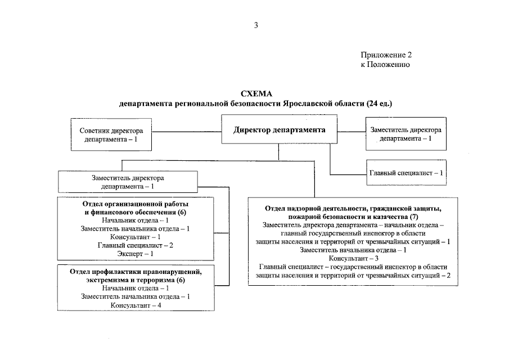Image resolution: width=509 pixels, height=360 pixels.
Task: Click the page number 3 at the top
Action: pos(256,25)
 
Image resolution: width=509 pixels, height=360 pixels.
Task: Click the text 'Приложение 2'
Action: pos(386,55)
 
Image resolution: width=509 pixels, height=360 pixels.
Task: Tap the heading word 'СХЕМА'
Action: pos(256,94)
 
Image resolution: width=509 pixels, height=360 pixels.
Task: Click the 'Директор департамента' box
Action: pos(279,130)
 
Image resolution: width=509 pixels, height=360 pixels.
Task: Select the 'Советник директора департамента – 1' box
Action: pos(111,134)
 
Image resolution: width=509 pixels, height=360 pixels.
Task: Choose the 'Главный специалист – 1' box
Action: pos(405,173)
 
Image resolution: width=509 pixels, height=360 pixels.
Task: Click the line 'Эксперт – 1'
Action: pos(134,254)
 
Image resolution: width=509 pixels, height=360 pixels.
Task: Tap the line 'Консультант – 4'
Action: pos(136,305)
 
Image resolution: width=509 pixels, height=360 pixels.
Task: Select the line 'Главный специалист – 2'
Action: pos(135,245)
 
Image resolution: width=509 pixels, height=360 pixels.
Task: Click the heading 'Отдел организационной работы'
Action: pos(135,204)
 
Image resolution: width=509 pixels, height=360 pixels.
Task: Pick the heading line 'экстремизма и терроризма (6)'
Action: pos(135,280)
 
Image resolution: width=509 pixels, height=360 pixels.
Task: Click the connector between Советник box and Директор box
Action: pos(186,132)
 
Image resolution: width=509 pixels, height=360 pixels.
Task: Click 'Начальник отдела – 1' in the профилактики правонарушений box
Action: pos(135,288)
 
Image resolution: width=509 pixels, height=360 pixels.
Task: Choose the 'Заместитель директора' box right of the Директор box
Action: pos(405,134)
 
